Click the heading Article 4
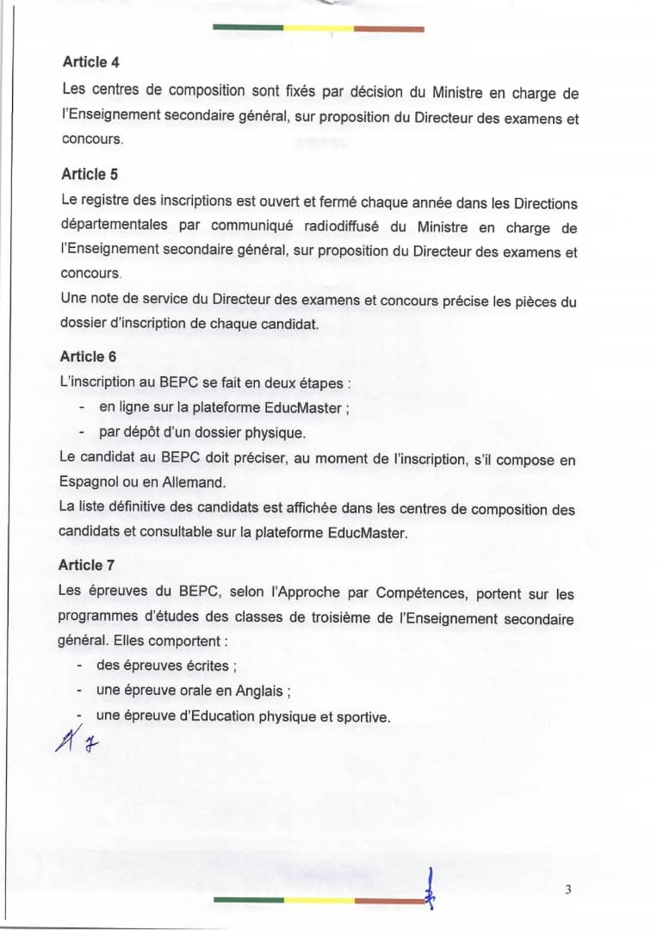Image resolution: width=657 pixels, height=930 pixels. pos(85,62)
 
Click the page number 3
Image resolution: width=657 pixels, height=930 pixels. pos(568,890)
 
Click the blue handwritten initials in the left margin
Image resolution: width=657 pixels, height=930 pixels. pos(75,738)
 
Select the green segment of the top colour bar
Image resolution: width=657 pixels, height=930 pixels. pos(248,28)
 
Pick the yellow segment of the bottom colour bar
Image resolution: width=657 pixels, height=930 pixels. pos(319,900)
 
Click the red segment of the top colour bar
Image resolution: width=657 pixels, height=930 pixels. pos(389,28)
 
